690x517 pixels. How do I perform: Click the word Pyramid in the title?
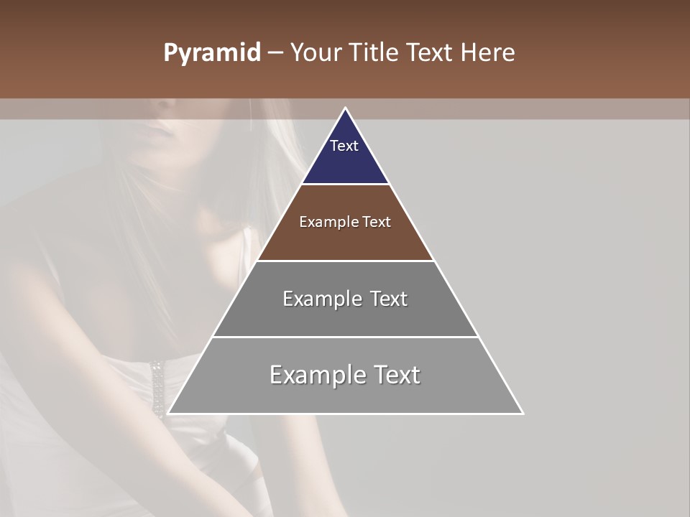click(x=211, y=53)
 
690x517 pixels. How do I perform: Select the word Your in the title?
click(x=317, y=53)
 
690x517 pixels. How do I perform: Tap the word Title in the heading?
click(x=377, y=53)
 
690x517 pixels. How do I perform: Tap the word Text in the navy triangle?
click(x=344, y=146)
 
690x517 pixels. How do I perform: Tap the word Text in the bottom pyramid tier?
click(x=397, y=375)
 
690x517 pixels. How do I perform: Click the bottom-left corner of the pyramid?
click(x=168, y=414)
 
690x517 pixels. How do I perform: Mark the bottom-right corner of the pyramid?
click(x=523, y=414)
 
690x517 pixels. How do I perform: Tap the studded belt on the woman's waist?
click(x=157, y=388)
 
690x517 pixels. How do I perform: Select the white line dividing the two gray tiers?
click(x=346, y=337)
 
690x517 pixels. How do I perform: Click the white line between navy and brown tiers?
click(x=346, y=185)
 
